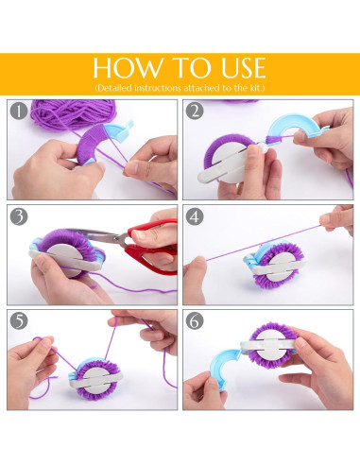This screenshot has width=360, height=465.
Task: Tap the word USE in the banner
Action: (x=244, y=67)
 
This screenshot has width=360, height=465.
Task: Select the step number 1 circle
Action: (x=19, y=111)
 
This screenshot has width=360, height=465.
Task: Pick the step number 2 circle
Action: (x=195, y=111)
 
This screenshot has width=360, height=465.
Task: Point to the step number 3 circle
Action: (x=19, y=216)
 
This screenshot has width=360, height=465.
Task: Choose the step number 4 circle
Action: (x=195, y=216)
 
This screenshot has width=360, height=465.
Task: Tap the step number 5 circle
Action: (x=19, y=320)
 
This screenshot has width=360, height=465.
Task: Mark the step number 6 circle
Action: (x=195, y=320)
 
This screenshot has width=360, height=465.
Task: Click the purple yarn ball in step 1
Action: (x=73, y=113)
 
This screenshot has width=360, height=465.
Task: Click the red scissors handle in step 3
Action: (x=153, y=249)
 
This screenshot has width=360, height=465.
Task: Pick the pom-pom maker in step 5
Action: (x=94, y=379)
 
